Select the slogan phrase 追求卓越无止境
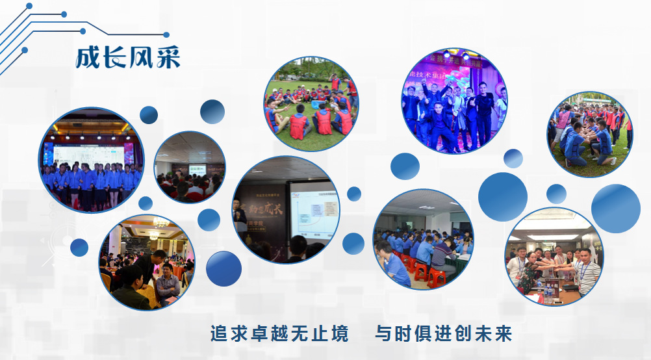[279, 334]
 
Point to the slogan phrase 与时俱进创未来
[443, 334]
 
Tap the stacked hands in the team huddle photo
[549, 266]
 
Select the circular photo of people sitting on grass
[311, 104]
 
